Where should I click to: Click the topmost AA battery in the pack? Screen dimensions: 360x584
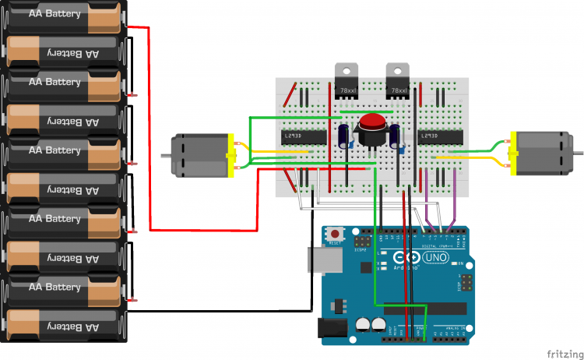tap(62, 15)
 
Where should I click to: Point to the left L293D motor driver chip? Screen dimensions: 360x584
tap(303, 136)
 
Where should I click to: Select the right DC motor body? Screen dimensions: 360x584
tap(540, 152)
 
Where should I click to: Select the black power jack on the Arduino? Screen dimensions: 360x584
tap(331, 329)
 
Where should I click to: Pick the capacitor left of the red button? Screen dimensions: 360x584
tap(343, 134)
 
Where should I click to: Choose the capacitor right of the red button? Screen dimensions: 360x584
tap(396, 134)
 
